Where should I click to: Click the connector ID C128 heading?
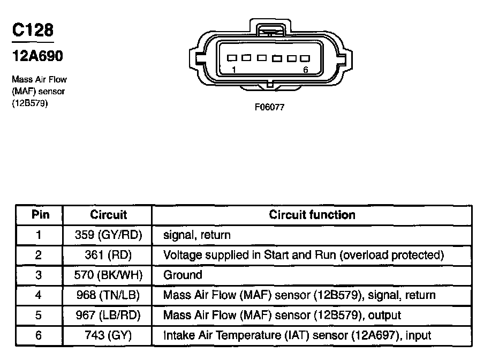point(33,30)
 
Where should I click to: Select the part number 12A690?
point(37,56)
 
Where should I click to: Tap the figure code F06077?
point(269,107)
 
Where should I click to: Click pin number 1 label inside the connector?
point(234,70)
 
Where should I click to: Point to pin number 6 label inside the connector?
point(306,70)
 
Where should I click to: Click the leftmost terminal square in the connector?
point(232,58)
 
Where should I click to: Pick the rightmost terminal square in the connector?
point(305,58)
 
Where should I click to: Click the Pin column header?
point(41,215)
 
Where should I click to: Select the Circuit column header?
point(108,215)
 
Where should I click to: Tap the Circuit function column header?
point(312,215)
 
